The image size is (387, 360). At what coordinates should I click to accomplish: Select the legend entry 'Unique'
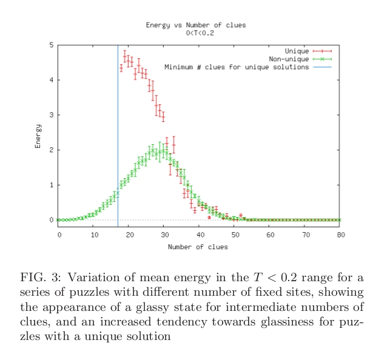(x=297, y=50)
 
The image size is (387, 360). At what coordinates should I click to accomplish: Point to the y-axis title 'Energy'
(x=38, y=136)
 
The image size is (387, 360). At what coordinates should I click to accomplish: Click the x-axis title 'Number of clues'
(x=199, y=247)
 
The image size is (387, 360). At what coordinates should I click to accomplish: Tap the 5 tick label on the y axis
(x=50, y=45)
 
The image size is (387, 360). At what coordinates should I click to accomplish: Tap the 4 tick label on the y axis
(x=50, y=80)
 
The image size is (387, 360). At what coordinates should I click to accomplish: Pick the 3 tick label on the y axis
(x=50, y=115)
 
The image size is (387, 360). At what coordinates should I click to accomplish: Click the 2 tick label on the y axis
(x=50, y=150)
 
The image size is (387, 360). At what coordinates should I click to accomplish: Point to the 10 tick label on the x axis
(x=94, y=234)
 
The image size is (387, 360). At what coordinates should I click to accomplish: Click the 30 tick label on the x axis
(x=164, y=234)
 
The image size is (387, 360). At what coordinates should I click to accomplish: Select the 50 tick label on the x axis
(x=235, y=234)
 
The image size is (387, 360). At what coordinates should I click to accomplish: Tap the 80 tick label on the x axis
(x=340, y=234)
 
